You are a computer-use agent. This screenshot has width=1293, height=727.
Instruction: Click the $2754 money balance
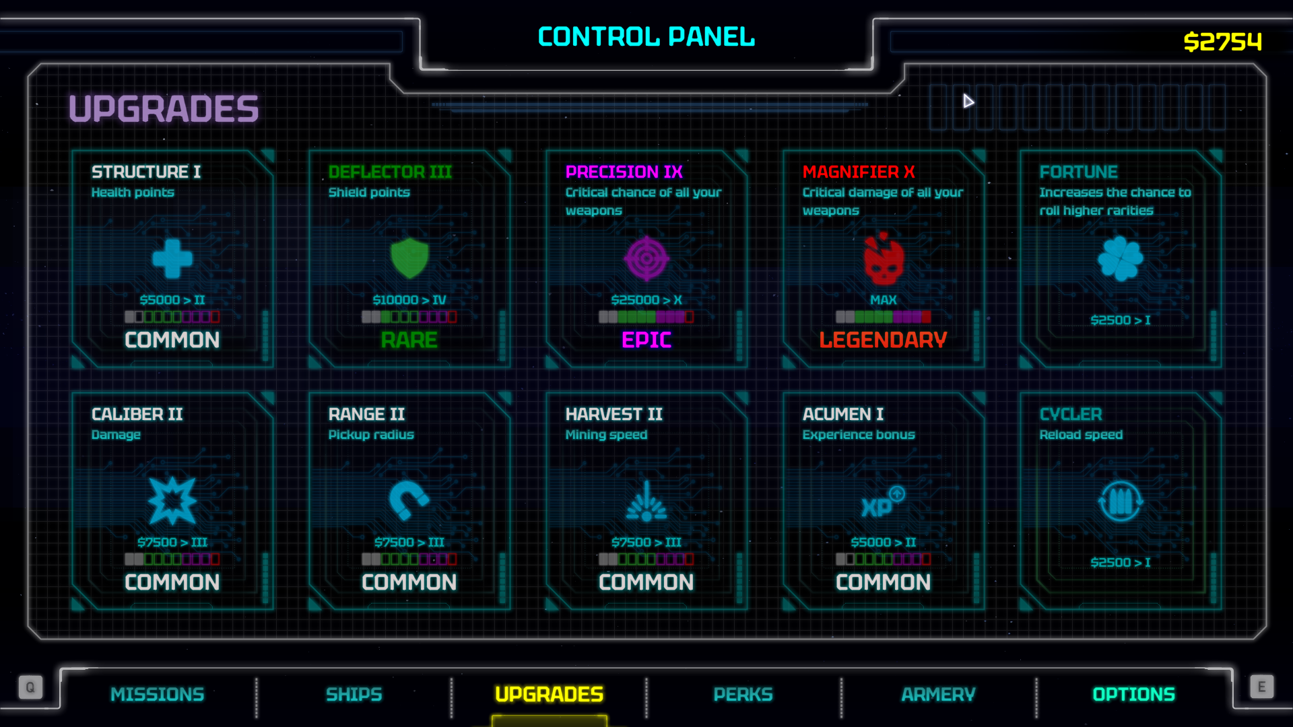click(x=1222, y=42)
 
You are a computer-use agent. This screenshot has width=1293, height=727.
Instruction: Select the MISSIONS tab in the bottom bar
click(x=158, y=694)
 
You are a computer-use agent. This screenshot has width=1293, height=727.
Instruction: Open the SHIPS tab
click(x=354, y=694)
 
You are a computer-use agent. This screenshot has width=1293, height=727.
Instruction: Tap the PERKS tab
click(x=743, y=694)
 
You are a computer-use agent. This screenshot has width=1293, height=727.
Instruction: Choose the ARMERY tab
click(x=938, y=694)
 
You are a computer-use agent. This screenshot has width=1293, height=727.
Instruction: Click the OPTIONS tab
click(x=1133, y=694)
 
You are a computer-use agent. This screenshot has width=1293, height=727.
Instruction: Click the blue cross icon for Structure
click(x=172, y=258)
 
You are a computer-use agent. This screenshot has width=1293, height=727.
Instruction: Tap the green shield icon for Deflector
click(x=409, y=258)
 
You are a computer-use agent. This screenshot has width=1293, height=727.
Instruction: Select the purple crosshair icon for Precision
click(x=646, y=258)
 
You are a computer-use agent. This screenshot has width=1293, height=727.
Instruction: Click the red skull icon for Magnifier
click(x=884, y=259)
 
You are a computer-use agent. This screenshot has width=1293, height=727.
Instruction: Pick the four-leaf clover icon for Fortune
click(x=1121, y=258)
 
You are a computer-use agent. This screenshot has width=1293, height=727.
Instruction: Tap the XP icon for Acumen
click(x=883, y=502)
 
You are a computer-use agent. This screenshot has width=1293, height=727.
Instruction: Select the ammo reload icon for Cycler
click(x=1121, y=501)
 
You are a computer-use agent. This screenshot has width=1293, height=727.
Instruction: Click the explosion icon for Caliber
click(x=172, y=501)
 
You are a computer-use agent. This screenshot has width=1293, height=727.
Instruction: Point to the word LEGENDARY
click(x=884, y=340)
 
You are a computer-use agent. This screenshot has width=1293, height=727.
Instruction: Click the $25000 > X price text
click(x=646, y=300)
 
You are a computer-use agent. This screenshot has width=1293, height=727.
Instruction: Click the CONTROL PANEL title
click(x=646, y=36)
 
